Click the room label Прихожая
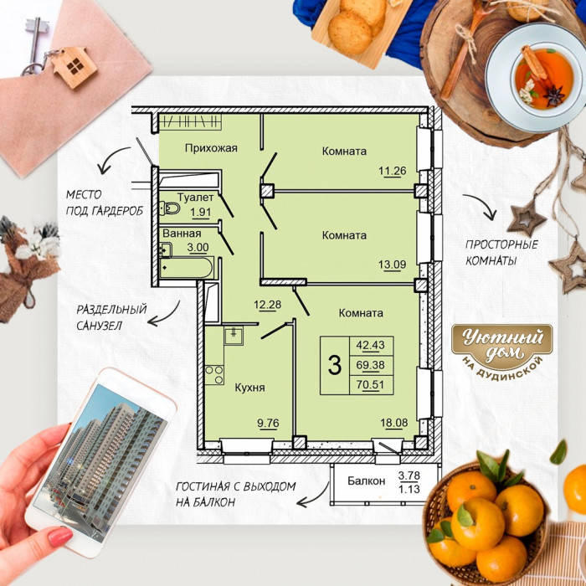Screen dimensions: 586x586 pos(211,148)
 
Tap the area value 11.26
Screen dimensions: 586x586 pos(392,171)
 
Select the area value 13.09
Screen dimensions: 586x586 pos(392,265)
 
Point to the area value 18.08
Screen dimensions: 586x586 pos(394,423)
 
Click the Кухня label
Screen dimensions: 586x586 pos(249,388)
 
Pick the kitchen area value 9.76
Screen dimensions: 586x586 pos(268,423)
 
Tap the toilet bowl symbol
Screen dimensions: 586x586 pos(169,208)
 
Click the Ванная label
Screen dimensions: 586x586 pos(182,234)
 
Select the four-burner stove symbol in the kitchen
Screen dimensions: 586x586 pos(214,375)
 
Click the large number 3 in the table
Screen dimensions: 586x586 pos(335,365)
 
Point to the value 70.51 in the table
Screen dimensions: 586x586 pos(370,384)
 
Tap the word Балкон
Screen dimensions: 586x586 pos(366,481)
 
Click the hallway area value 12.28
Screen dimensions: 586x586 pos(267,305)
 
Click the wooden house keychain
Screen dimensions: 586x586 pos(74,66)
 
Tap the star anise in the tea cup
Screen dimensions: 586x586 pos(553,95)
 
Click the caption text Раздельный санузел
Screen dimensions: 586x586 pos(111,317)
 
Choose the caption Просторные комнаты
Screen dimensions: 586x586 pos(501,253)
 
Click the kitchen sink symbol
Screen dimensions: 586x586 pos(234,335)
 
